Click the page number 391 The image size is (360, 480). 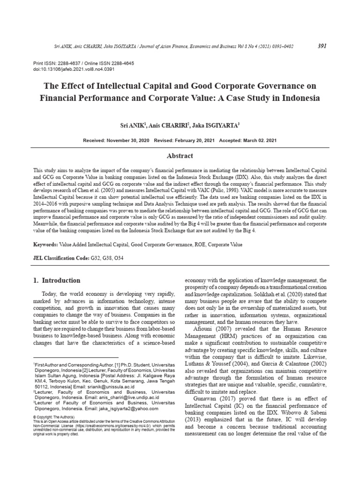pos(322,46)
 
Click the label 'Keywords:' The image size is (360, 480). pos(45,245)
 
